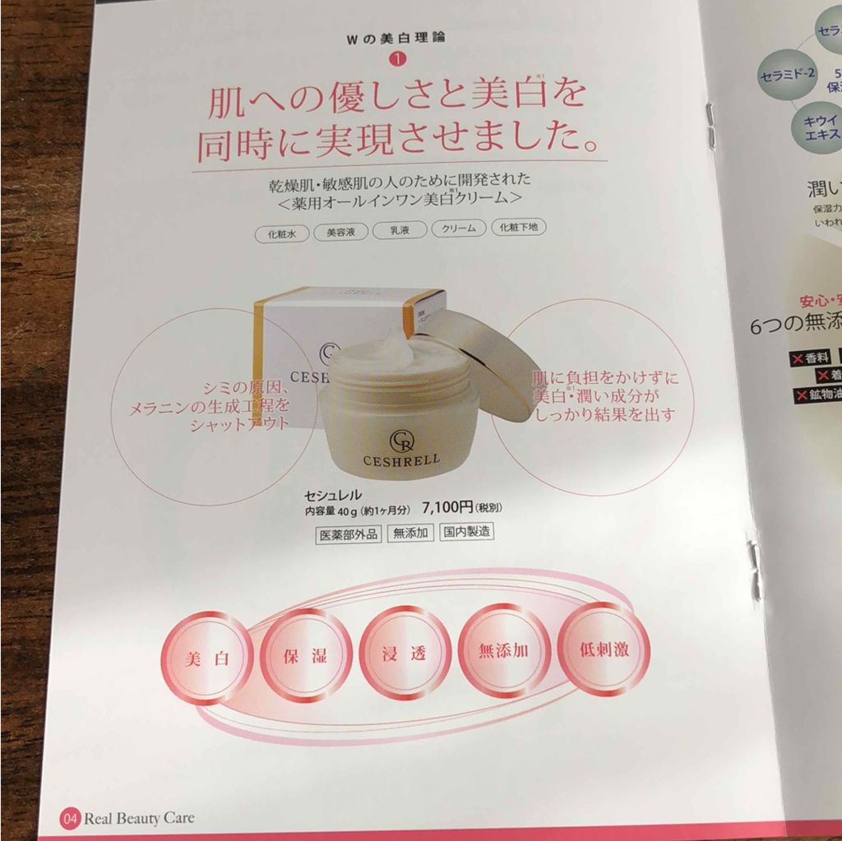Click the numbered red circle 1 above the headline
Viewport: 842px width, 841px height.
[x=397, y=59]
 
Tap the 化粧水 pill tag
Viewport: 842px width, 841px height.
[x=281, y=233]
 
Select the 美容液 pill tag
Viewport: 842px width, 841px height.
[x=340, y=232]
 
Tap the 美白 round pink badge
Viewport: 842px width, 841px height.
[x=206, y=658]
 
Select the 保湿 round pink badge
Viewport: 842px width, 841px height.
[x=305, y=656]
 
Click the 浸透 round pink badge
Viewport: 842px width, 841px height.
[x=405, y=653]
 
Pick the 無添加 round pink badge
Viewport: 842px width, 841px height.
[x=503, y=650]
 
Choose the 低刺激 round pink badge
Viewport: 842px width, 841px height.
[x=604, y=648]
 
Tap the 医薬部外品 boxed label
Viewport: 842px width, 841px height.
[x=348, y=534]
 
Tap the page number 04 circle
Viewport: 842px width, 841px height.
[x=70, y=818]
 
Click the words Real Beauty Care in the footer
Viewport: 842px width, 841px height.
[x=139, y=819]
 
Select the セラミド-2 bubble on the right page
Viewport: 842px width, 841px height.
[x=787, y=72]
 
